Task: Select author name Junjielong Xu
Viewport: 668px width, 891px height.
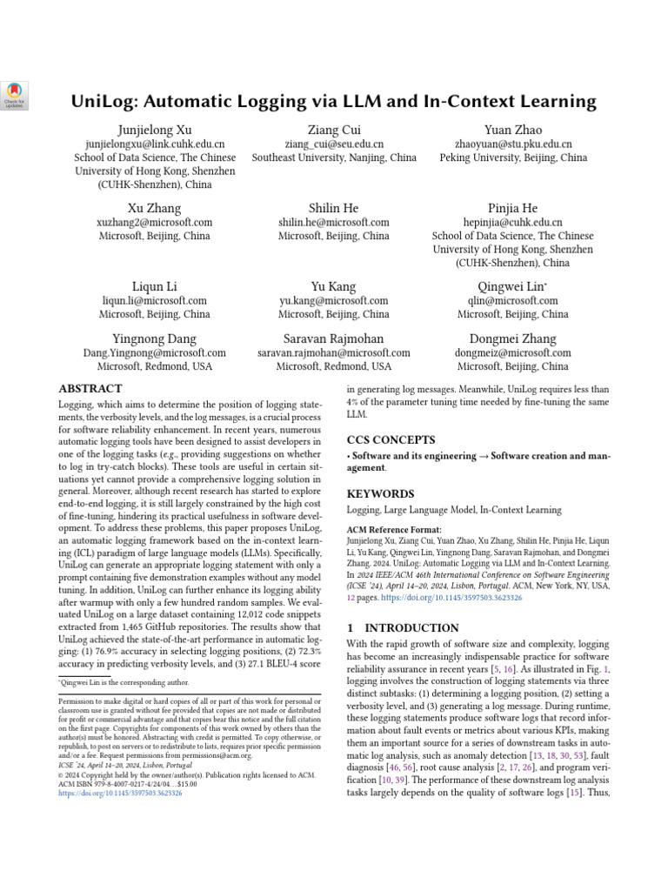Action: tap(155, 130)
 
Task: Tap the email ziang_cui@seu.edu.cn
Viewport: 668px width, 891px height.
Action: tap(334, 144)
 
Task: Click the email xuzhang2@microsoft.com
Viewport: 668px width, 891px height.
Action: tap(155, 223)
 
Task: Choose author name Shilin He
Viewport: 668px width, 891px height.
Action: tap(334, 208)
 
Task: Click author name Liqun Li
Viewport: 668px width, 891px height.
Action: tap(155, 286)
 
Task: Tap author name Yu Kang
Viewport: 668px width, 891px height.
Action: tap(334, 286)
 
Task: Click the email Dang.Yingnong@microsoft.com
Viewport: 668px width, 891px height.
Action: tap(155, 353)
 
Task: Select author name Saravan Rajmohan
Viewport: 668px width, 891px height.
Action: tap(334, 338)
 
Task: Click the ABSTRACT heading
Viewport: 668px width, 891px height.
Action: tap(90, 389)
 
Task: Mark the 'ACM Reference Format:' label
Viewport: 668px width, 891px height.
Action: tap(394, 529)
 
